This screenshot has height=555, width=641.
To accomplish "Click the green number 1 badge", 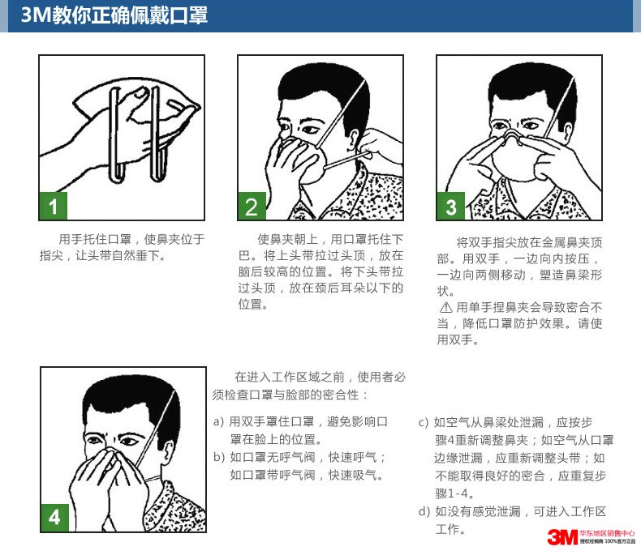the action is (54, 206).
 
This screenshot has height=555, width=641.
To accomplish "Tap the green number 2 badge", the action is (252, 206).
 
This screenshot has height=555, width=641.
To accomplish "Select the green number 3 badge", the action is (451, 206).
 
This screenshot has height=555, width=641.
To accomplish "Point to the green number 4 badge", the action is (55, 518).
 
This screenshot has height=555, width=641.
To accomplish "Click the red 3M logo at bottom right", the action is (562, 537).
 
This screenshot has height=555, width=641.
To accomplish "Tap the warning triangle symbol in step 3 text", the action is (446, 307).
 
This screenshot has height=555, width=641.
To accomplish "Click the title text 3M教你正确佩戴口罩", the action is (114, 15).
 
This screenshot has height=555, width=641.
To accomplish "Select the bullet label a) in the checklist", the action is (219, 421).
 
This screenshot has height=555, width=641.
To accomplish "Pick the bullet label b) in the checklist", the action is (219, 457).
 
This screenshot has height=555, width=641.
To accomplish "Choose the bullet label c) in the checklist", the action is (424, 422).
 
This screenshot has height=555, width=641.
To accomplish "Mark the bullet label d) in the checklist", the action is (424, 511).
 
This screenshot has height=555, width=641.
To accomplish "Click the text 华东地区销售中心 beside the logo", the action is (608, 533).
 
